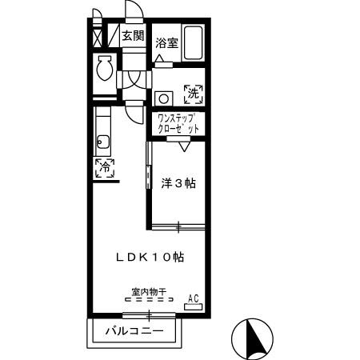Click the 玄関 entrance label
tap(133, 36)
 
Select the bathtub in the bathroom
tap(193, 46)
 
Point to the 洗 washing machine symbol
tap(193, 94)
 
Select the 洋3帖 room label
tap(178, 182)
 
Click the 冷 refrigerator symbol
tap(105, 167)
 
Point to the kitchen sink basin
tap(102, 144)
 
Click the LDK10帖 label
tap(150, 258)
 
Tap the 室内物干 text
tap(149, 293)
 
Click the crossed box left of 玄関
tap(98, 37)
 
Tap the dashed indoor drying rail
tap(149, 302)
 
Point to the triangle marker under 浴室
tap(160, 58)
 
